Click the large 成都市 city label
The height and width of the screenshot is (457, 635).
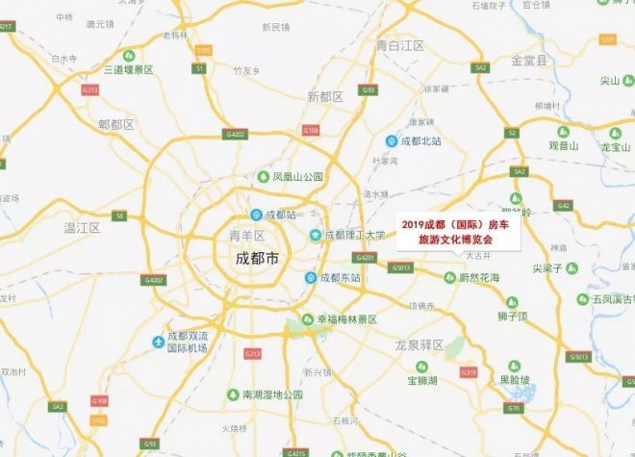click(x=257, y=259)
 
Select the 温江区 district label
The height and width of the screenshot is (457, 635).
click(x=82, y=227)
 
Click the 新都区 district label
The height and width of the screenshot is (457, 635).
click(x=325, y=96)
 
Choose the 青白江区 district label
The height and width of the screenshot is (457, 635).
click(x=400, y=45)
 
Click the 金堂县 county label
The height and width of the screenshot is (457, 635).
click(x=528, y=60)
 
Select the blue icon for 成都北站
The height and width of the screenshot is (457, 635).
click(x=391, y=140)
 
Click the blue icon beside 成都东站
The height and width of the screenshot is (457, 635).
click(x=311, y=278)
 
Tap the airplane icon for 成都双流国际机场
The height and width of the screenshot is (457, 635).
click(x=158, y=342)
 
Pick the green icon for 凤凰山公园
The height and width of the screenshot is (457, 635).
click(x=263, y=177)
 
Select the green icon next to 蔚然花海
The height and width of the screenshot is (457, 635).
click(x=449, y=278)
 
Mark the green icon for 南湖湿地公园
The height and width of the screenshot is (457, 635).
click(x=232, y=394)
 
